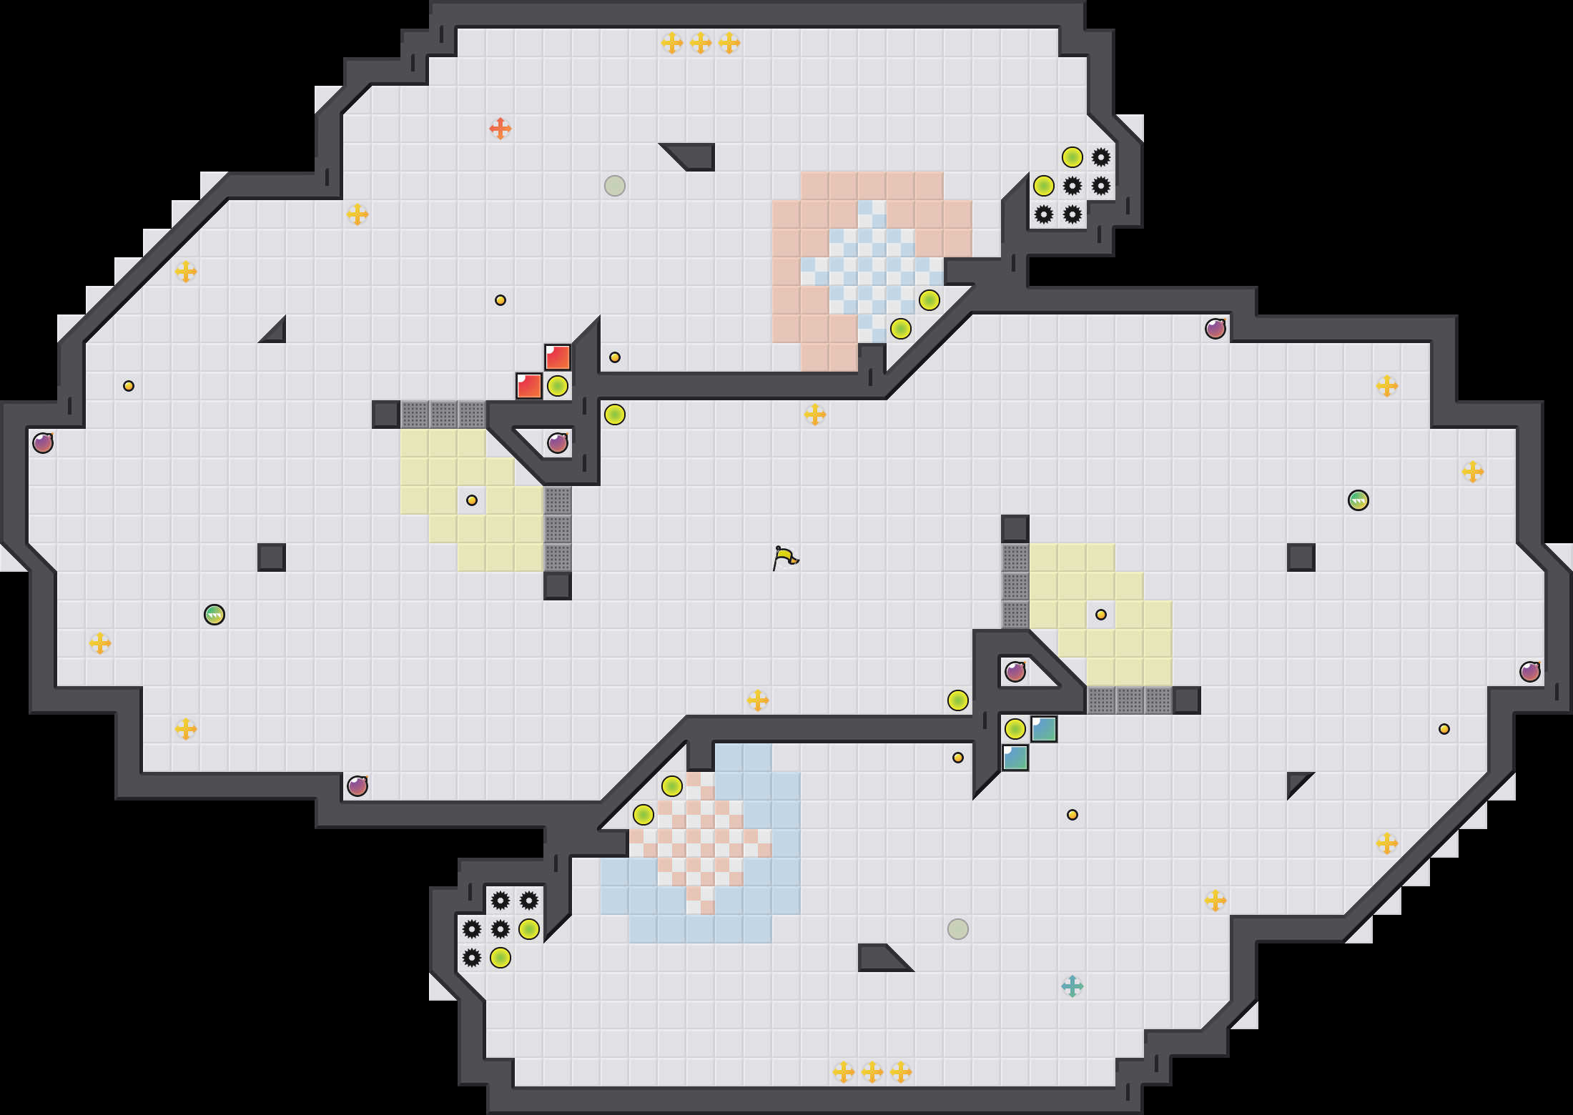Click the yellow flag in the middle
[x=784, y=557]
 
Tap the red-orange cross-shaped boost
[x=500, y=129]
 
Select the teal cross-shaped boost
[x=1072, y=986]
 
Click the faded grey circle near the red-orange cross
[x=615, y=186]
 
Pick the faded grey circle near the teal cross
[x=958, y=929]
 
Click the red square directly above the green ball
[x=558, y=357]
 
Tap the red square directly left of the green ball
[x=529, y=386]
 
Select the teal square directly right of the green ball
[x=1044, y=729]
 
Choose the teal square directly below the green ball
[x=1015, y=758]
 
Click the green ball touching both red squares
[x=558, y=386]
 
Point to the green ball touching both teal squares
[x=1015, y=729]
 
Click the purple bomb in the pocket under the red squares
[x=558, y=443]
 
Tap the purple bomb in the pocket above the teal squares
[x=1015, y=672]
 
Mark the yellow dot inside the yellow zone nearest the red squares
[x=472, y=500]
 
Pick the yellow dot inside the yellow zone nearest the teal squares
[x=1101, y=615]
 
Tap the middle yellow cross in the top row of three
[x=701, y=43]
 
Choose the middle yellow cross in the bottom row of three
[x=872, y=1072]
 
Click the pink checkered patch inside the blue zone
[x=701, y=843]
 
